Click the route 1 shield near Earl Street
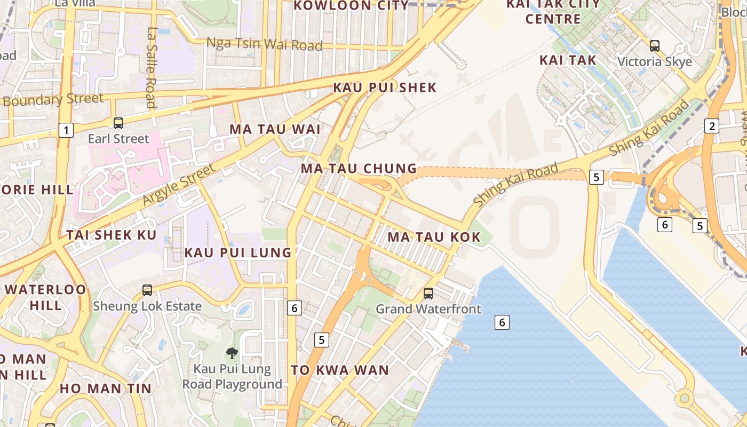click(66, 130)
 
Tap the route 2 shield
click(711, 126)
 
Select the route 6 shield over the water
click(501, 322)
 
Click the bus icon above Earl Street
click(118, 123)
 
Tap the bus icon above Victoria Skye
click(655, 46)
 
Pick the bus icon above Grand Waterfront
click(428, 293)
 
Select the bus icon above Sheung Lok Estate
click(147, 290)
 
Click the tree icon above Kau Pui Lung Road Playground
click(232, 352)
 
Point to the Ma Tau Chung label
click(359, 169)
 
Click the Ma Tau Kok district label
click(434, 236)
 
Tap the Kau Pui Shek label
click(385, 88)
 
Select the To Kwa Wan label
click(340, 370)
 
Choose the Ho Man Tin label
click(106, 388)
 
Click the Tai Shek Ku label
click(112, 235)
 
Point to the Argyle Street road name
click(179, 185)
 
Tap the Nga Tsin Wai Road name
click(264, 44)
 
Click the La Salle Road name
click(152, 68)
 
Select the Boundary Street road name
click(53, 99)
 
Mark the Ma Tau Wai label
click(275, 129)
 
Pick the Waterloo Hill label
click(45, 297)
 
